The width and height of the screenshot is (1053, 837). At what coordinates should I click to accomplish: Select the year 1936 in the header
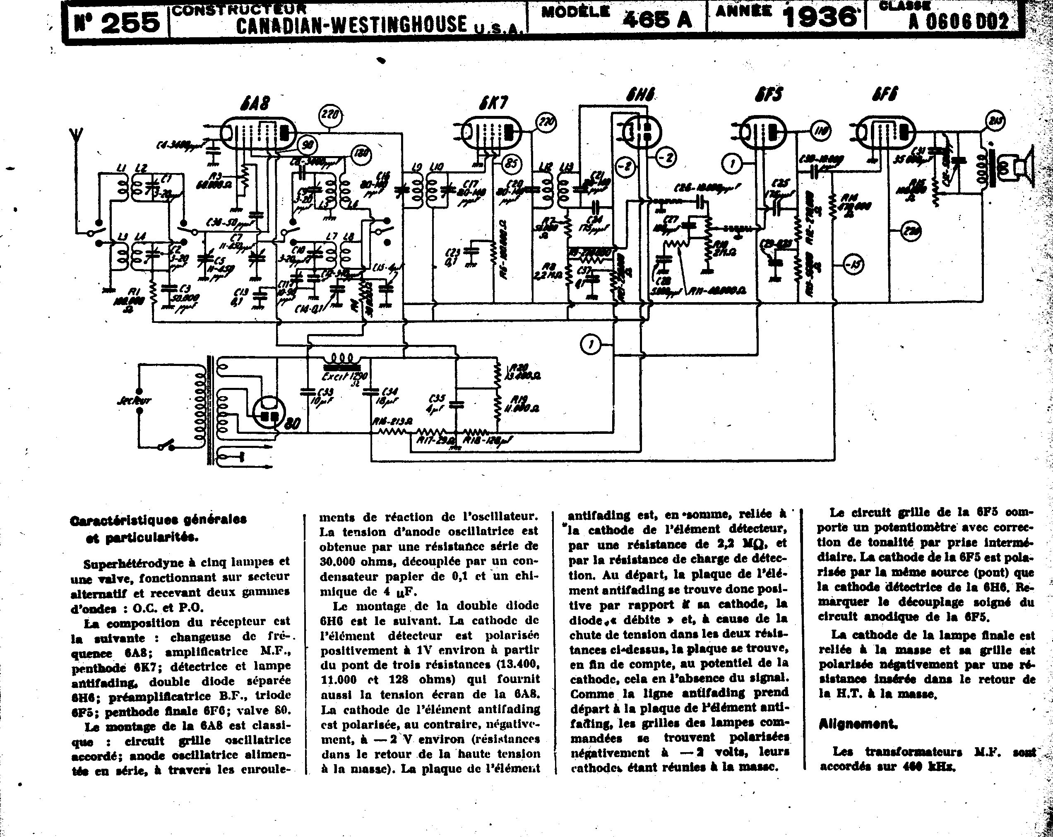coord(820,17)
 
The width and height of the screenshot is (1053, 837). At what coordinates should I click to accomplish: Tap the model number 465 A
coord(658,19)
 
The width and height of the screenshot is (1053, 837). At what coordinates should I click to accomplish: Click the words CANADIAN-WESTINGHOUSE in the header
coord(351,24)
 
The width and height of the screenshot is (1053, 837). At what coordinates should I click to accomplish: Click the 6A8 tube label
coord(255,103)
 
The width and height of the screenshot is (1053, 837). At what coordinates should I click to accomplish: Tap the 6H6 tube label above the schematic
coord(640,94)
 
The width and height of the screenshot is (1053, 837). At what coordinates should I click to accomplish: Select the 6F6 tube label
coord(885,94)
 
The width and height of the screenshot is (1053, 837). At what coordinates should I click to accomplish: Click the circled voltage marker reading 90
coord(308,144)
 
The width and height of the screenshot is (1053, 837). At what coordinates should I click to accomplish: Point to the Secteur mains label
coord(134,400)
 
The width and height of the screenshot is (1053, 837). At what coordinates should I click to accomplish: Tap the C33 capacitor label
coord(325,396)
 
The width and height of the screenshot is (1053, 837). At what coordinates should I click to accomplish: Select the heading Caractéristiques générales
coord(158,520)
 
